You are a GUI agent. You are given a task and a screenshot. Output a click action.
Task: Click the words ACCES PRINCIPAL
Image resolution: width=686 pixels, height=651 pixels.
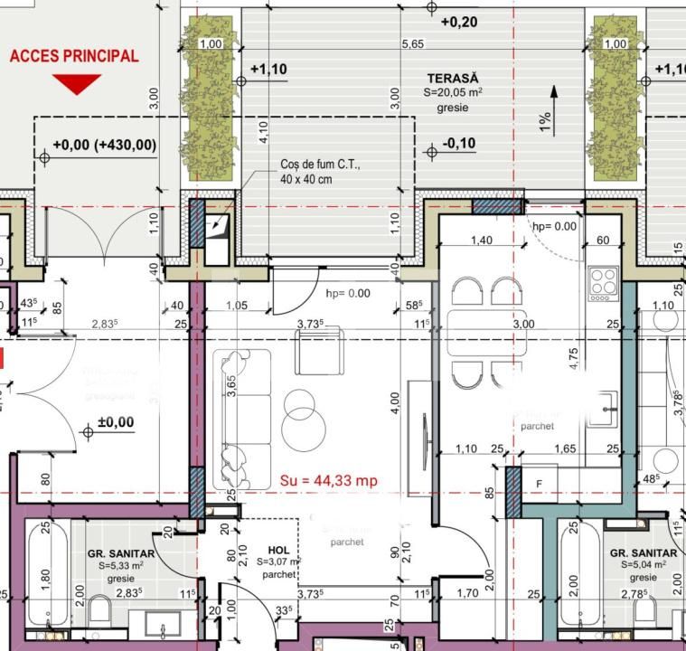pyautogui.click(x=74, y=56)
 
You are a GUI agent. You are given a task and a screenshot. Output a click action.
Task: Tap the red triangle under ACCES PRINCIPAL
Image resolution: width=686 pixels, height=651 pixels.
pyautogui.click(x=76, y=85)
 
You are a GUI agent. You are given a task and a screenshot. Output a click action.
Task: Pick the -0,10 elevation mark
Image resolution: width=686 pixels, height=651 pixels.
pyautogui.click(x=459, y=144)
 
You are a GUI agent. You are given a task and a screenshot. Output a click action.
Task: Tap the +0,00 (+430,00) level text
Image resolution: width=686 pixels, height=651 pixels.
pyautogui.click(x=104, y=144)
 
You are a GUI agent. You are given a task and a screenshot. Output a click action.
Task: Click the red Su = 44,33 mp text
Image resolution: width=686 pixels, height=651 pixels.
pyautogui.click(x=328, y=480)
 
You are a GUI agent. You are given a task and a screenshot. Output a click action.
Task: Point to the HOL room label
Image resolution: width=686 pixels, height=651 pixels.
pyautogui.click(x=279, y=549)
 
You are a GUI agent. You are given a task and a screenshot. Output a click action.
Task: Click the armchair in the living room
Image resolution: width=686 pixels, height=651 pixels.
pyautogui.click(x=318, y=353)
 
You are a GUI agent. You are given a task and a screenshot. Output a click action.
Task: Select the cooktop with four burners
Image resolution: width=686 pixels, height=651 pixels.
pyautogui.click(x=603, y=284)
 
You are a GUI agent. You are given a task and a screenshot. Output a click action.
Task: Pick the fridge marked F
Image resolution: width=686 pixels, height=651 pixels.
pyautogui.click(x=540, y=484)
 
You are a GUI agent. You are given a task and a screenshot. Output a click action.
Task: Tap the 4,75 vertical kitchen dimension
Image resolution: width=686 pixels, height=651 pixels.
pyautogui.click(x=571, y=354)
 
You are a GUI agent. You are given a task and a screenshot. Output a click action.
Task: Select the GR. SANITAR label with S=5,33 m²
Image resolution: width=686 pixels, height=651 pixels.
pyautogui.click(x=121, y=553)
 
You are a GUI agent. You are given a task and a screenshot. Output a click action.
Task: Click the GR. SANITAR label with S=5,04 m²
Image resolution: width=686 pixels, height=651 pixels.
pyautogui.click(x=643, y=552)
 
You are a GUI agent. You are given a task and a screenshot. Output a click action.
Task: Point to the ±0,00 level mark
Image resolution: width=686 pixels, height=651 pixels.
pyautogui.click(x=115, y=422)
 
